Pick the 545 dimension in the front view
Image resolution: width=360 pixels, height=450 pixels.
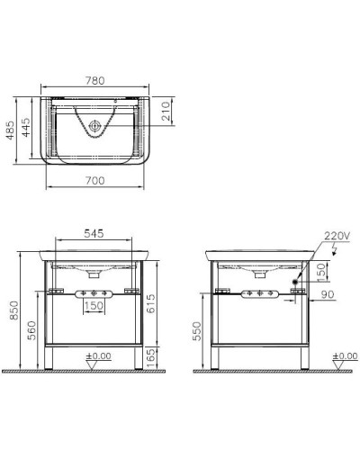click(x=94, y=233)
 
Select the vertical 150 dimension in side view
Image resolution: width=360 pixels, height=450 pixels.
click(x=322, y=274)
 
